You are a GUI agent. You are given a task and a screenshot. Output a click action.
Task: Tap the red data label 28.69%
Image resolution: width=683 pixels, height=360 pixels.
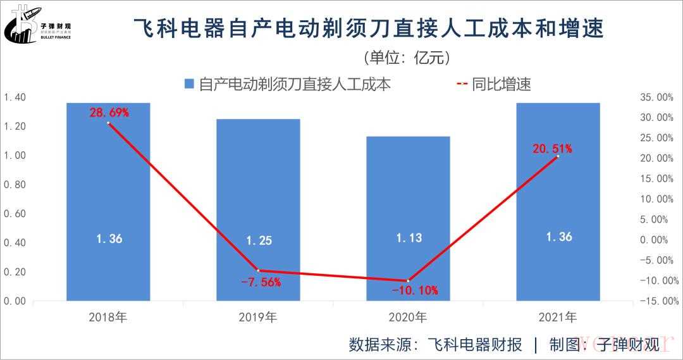click(109, 113)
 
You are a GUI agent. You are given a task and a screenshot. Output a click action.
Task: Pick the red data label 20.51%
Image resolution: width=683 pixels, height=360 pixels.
click(551, 149)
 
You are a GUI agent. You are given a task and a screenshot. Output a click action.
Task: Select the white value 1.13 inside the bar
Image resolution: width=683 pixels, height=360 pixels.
click(409, 238)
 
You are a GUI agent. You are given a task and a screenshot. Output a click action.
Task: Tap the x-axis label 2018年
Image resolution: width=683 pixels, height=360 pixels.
click(109, 317)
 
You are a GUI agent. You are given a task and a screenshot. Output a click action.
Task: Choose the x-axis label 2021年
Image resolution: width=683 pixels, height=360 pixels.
click(558, 317)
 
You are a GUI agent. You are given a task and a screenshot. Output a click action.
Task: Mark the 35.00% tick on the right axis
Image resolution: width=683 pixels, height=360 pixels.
click(656, 97)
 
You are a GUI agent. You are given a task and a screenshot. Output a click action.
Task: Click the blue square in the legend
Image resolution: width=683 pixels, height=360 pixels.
click(189, 84)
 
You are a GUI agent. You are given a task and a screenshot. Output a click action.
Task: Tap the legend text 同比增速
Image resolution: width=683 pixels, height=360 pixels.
click(501, 84)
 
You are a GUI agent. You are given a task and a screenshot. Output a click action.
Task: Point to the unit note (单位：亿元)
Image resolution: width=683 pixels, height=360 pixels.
click(407, 58)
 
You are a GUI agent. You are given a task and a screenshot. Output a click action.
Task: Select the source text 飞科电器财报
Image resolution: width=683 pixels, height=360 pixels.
click(475, 345)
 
